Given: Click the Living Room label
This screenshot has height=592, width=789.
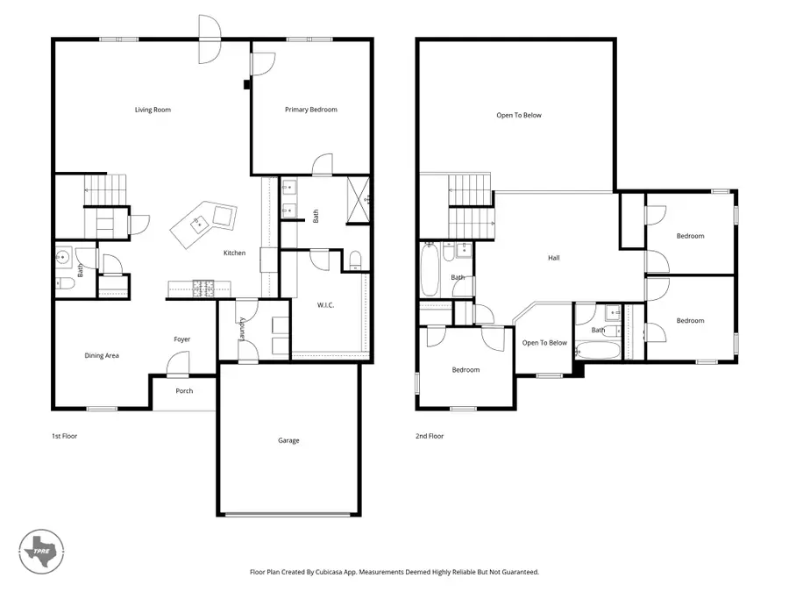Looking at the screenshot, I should pos(153,110).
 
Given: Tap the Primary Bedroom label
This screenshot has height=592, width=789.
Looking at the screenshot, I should pos(310,110).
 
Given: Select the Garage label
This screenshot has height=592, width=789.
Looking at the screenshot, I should pos(288,440).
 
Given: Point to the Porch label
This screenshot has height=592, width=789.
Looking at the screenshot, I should pos(184,390).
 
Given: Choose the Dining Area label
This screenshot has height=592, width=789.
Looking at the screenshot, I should pos(102,355).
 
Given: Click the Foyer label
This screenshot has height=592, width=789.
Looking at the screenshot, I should pos(181,339).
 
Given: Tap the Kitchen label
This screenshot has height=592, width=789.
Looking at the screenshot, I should pos(234,253).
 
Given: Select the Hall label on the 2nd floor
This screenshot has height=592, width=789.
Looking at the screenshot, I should pos(553,258).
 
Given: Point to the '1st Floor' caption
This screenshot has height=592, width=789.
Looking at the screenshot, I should pos(65,435).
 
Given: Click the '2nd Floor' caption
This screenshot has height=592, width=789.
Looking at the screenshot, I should pos(430,435).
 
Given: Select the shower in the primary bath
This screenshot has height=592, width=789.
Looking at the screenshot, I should pos(358,191).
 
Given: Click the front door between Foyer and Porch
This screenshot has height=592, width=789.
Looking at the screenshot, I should pos(179,362).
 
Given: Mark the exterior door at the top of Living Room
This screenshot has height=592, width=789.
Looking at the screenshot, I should pos(210,39).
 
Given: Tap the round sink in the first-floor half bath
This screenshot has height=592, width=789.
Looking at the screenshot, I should pos(63,257).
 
